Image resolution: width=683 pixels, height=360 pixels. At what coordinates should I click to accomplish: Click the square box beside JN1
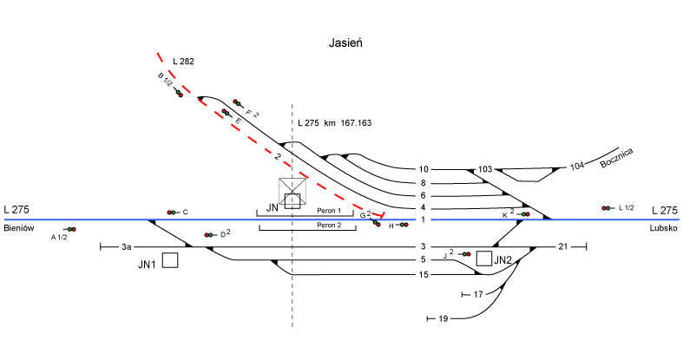pyautogui.click(x=170, y=260)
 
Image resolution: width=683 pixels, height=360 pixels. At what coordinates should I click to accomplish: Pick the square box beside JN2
pyautogui.click(x=483, y=259)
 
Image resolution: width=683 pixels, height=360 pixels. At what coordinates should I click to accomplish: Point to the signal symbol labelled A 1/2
pyautogui.click(x=70, y=229)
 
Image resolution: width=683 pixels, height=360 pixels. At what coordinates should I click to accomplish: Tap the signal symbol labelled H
pyautogui.click(x=403, y=226)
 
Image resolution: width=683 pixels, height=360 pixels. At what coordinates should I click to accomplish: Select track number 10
pyautogui.click(x=424, y=169)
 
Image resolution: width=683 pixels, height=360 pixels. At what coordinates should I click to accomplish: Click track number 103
pyautogui.click(x=484, y=169)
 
